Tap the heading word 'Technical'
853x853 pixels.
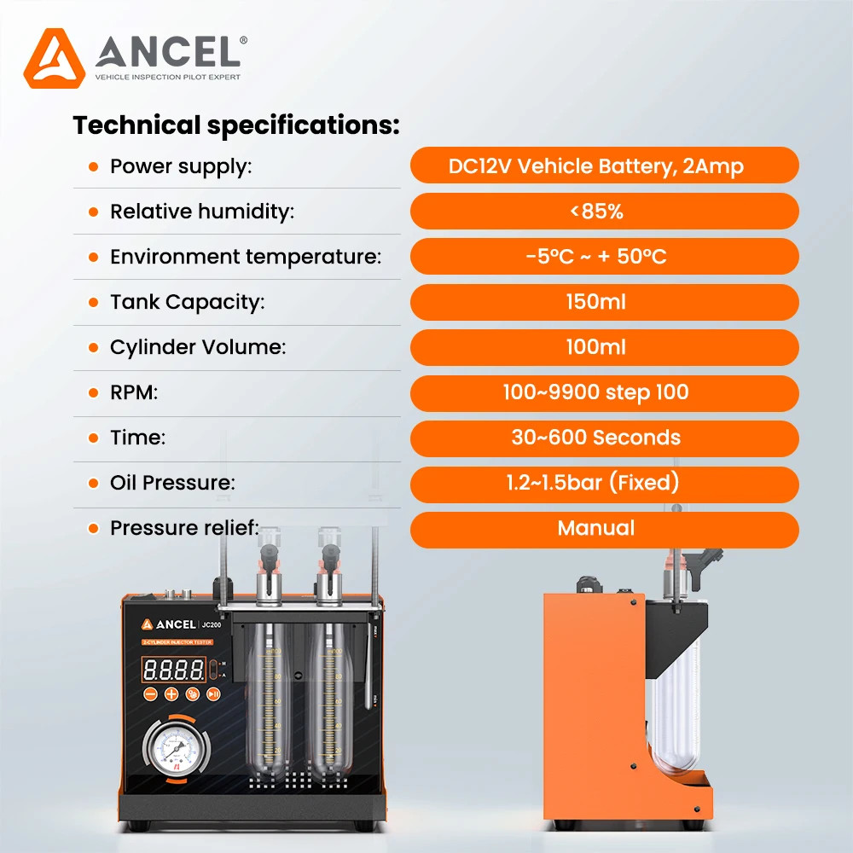click(136, 125)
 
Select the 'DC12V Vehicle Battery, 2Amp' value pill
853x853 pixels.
click(604, 165)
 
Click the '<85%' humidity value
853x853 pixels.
click(604, 212)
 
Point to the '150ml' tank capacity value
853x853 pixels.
click(604, 302)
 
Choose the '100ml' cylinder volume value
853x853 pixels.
click(604, 347)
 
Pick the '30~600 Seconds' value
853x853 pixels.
click(604, 438)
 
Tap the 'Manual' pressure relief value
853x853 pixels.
click(604, 529)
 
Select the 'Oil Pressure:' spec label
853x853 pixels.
click(172, 483)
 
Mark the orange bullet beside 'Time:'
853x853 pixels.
click(94, 438)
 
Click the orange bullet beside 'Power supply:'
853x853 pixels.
click(94, 167)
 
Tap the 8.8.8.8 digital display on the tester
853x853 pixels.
click(174, 668)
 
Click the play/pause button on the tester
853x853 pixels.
click(214, 694)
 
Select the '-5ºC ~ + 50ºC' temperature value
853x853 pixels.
click(604, 257)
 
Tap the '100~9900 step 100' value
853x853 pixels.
click(604, 392)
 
